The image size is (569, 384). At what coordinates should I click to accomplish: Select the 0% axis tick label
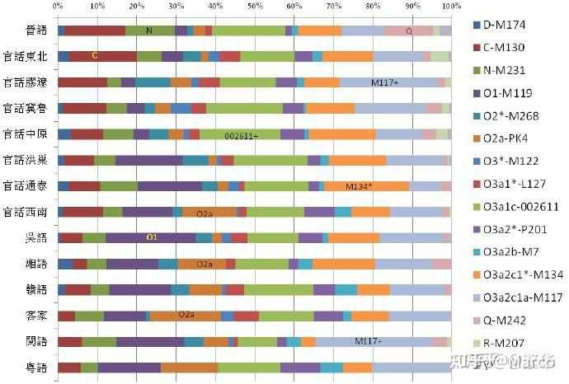pos(57,6)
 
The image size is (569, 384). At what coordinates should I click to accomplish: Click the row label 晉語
pos(35,30)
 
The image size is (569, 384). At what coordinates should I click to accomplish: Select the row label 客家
pos(35,316)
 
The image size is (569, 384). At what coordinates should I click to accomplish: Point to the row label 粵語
pos(35,368)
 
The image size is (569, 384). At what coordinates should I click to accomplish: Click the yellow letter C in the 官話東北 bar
pos(95,56)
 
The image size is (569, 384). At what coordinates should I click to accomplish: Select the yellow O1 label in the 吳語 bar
pos(152,237)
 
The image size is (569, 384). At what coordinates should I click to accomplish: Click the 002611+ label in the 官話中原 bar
pos(241,134)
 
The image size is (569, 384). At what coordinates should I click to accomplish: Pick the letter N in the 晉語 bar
pos(149,30)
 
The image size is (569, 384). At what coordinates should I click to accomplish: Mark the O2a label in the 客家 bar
pos(186,315)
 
